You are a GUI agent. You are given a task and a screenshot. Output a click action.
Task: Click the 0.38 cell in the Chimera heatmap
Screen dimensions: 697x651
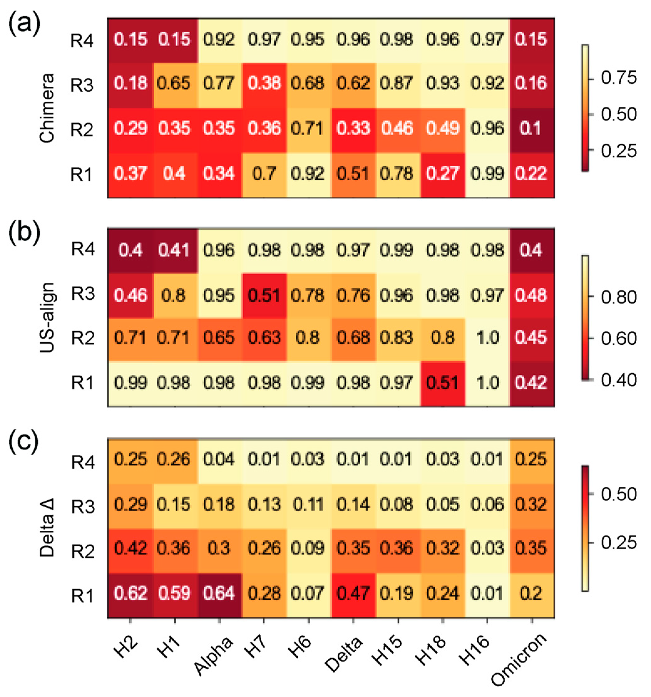(264, 83)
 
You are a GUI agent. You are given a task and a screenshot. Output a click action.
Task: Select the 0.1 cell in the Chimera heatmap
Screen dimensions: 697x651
(531, 128)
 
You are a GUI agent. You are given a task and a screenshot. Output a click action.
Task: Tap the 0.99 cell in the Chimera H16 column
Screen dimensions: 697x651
(487, 173)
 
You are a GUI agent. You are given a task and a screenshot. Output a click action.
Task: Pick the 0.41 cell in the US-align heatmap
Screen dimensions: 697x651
(174, 250)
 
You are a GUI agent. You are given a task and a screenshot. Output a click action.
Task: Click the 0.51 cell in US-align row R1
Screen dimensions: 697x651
(443, 382)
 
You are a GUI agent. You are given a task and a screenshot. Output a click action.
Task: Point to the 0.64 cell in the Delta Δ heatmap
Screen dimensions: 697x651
(219, 594)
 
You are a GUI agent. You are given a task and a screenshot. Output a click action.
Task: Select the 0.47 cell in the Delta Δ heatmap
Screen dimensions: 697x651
(353, 594)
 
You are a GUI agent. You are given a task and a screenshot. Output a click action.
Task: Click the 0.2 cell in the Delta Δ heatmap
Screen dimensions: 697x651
(531, 594)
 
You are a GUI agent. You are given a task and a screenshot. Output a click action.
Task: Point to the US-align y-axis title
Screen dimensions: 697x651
(47, 317)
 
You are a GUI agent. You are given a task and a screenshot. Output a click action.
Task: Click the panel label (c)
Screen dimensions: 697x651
(24, 442)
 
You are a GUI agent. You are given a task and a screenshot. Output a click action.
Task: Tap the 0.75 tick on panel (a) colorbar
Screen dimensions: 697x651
(618, 78)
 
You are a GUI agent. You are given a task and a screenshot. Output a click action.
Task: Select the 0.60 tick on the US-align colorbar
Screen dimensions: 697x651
(618, 339)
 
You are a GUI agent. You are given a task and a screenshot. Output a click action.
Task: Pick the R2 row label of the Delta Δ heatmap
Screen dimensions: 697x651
(83, 551)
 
